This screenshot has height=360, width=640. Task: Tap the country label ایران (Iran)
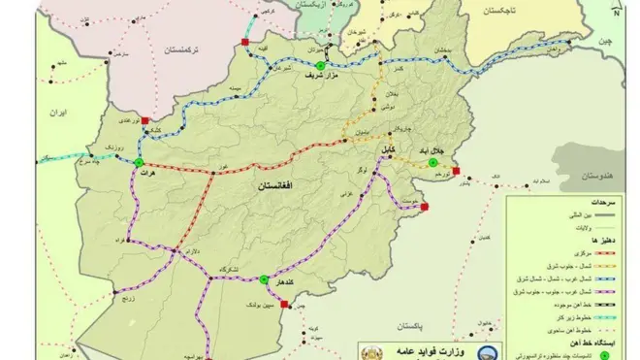coord(56,113)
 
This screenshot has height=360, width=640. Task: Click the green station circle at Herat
coord(139,163)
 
